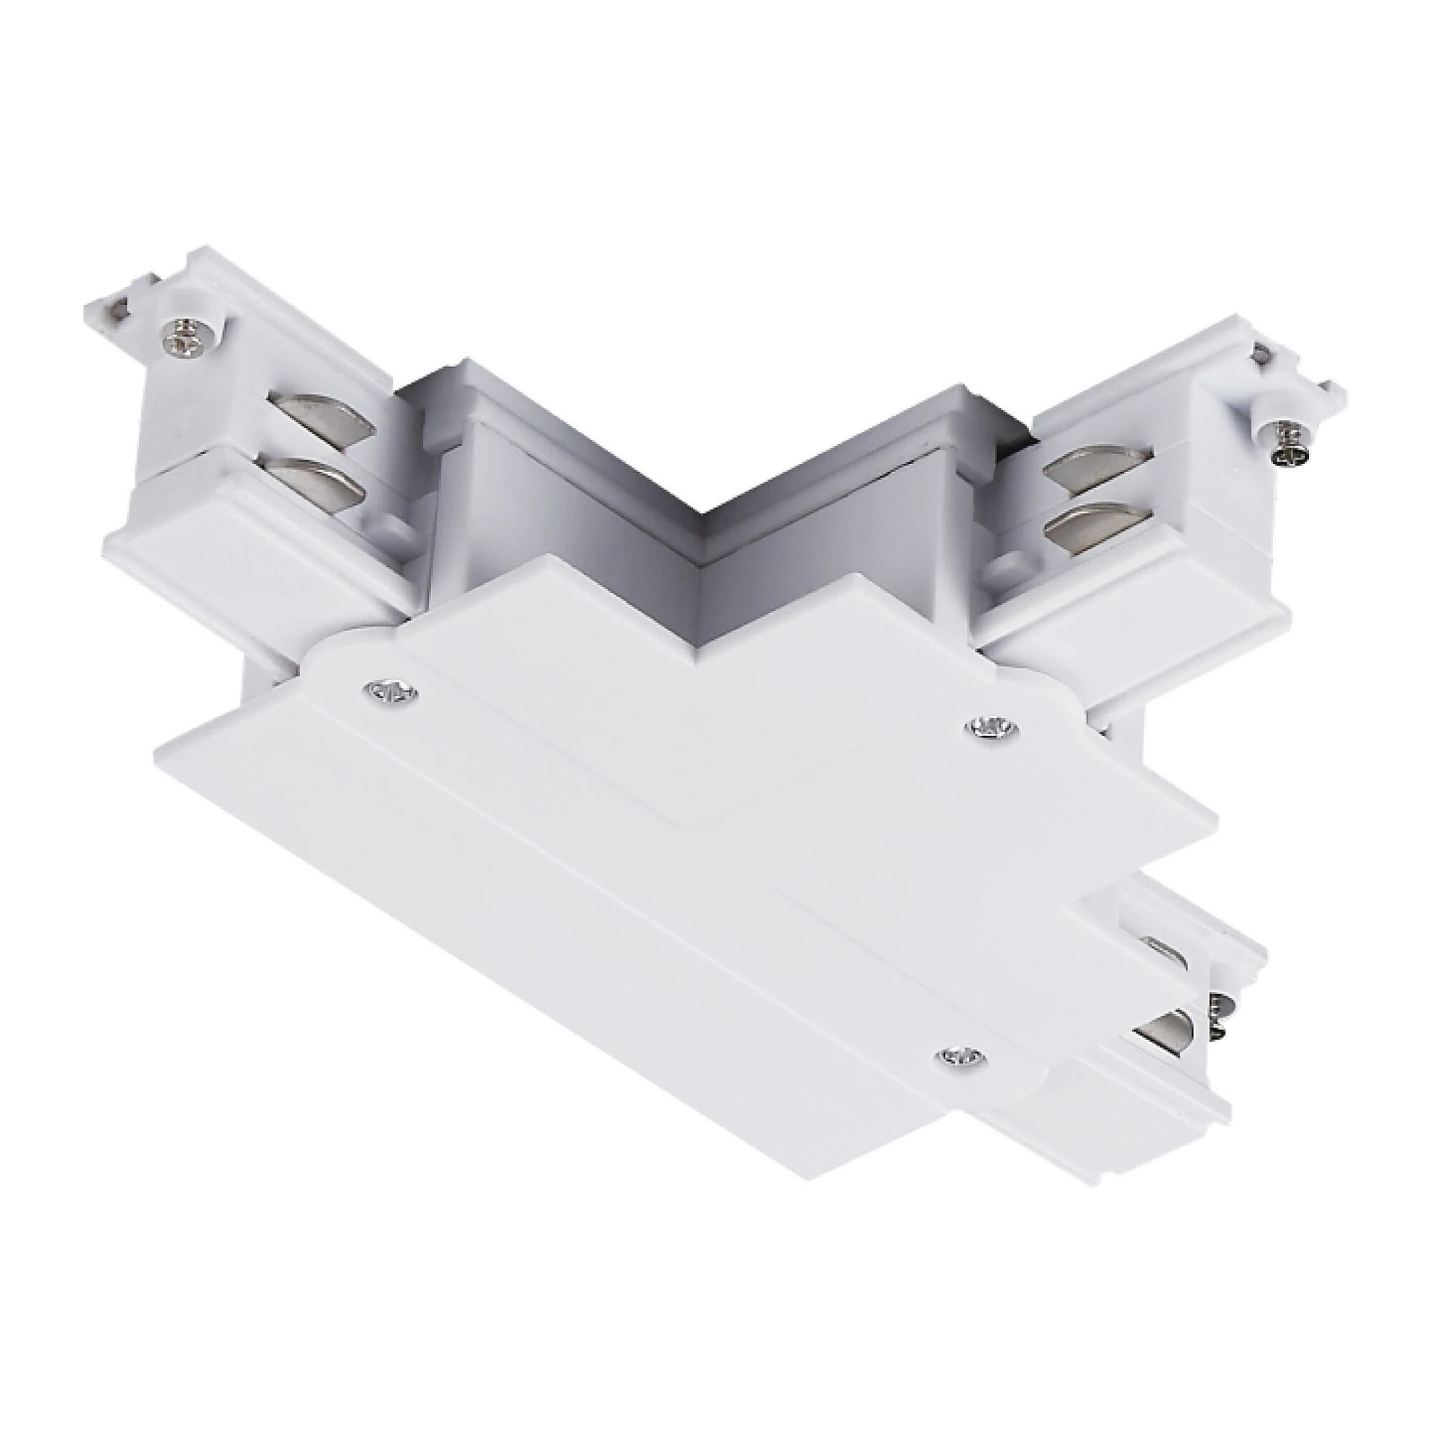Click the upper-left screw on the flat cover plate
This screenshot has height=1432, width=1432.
pyautogui.click(x=389, y=691)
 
